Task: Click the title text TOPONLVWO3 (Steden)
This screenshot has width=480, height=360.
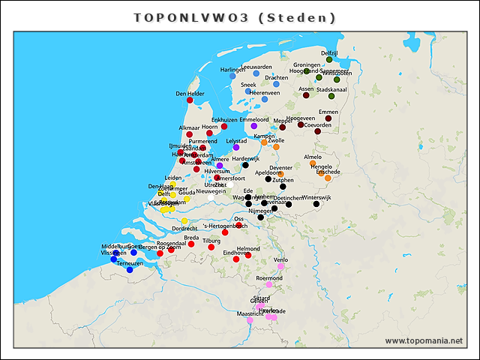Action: [x=235, y=16]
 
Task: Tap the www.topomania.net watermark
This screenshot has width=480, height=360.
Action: [x=424, y=341]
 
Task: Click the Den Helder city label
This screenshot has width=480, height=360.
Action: [x=190, y=94]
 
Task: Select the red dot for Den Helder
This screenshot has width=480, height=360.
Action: [x=190, y=100]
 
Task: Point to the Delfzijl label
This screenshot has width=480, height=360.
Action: [x=329, y=52]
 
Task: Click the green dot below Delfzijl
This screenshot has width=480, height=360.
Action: [x=329, y=59]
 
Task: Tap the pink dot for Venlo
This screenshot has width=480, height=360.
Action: [x=280, y=266]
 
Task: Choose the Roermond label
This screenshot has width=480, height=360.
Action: [x=269, y=277]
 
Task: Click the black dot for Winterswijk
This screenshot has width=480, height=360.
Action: [x=316, y=204]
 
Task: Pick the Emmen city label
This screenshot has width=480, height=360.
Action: [x=328, y=112]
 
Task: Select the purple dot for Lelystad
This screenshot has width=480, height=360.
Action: [x=235, y=148]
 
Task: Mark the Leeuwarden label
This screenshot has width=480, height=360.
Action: [x=256, y=67]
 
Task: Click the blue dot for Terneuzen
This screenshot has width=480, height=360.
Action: [x=130, y=270]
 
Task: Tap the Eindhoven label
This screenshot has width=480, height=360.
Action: [x=237, y=253]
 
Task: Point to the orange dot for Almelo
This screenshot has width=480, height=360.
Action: [x=313, y=163]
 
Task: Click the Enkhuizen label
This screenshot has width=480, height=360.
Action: [x=224, y=120]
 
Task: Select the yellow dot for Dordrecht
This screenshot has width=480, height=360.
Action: [x=184, y=220]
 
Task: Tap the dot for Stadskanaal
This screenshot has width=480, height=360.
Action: [x=331, y=96]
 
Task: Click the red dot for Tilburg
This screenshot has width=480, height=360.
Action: [x=211, y=247]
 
